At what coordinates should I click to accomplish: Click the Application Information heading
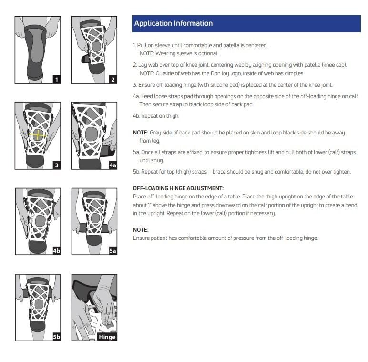point(174,23)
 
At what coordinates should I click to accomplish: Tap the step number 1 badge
point(57,80)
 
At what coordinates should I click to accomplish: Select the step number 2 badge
point(113,80)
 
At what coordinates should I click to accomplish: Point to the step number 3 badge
point(57,165)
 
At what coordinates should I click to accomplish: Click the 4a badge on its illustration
point(112,165)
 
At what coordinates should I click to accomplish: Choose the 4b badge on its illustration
point(57,251)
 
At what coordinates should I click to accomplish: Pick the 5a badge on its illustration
point(113,251)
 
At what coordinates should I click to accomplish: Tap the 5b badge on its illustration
point(57,337)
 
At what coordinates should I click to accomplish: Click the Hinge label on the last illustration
point(107,337)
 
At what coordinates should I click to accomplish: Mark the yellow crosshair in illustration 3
point(38,134)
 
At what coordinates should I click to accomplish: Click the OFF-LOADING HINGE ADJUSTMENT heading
point(178,188)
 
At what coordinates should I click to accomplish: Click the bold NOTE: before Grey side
point(141,133)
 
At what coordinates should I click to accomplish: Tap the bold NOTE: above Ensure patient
point(141,230)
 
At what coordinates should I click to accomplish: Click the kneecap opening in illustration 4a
point(92,134)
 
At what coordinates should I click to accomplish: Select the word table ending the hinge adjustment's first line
point(346,197)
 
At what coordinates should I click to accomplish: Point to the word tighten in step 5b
point(342,172)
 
